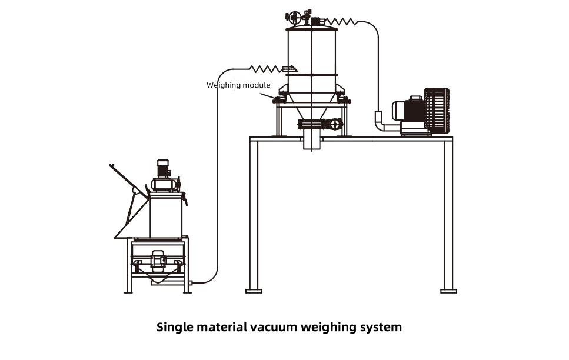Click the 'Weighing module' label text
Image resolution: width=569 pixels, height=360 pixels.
pyautogui.click(x=238, y=85)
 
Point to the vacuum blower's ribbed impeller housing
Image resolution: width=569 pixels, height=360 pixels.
pyautogui.click(x=437, y=111)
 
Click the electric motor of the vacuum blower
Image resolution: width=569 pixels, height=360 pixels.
pyautogui.click(x=408, y=109)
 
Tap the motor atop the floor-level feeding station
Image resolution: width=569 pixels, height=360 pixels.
pyautogui.click(x=164, y=168)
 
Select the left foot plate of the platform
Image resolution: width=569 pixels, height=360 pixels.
pyautogui.click(x=254, y=291)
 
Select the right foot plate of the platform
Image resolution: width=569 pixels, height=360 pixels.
pyautogui.click(x=448, y=291)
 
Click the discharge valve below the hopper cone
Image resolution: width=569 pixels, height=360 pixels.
pyautogui.click(x=321, y=124)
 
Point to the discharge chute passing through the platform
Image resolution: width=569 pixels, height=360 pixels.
pyautogui.click(x=312, y=140)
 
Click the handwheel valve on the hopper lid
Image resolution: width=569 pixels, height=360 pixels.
pyautogui.click(x=294, y=16)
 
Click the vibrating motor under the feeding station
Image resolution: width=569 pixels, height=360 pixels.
pyautogui.click(x=159, y=261)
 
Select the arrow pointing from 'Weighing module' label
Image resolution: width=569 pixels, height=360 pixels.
pyautogui.click(x=268, y=95)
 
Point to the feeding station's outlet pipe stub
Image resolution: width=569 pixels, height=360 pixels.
pyautogui.click(x=190, y=282)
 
